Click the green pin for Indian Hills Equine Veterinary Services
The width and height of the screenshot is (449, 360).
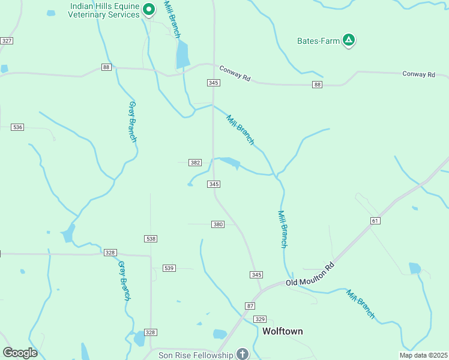coord(149,9)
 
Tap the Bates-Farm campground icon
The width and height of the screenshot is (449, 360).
coord(349,41)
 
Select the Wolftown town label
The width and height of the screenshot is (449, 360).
coord(283,331)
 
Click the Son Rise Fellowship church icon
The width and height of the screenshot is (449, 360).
coord(242,354)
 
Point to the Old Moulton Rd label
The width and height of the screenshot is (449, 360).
coord(309,274)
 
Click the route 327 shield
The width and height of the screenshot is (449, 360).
coord(7,40)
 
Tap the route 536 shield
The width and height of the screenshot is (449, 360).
coord(17,127)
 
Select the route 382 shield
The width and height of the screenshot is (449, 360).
coord(194,163)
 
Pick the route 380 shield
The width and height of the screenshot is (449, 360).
coord(218,224)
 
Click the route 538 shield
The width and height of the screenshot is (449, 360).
coord(151,239)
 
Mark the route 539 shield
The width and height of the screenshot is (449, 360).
coord(169,268)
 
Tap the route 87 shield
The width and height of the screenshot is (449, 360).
coord(250,306)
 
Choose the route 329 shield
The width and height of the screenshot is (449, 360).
coord(259,319)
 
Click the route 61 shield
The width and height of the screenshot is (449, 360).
coord(376,221)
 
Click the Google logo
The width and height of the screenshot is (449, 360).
coord(20,353)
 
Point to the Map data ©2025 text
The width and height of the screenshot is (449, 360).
coord(423,355)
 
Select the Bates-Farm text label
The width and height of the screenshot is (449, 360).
coord(318,41)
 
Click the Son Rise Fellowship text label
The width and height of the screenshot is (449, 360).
coord(195,355)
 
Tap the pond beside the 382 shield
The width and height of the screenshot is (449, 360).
coord(229,163)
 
